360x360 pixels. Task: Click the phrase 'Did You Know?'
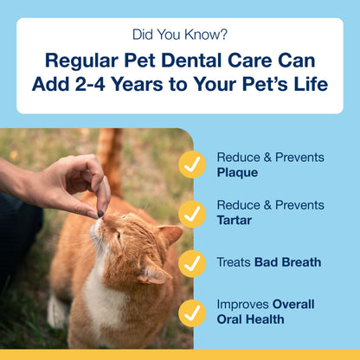click(x=179, y=35)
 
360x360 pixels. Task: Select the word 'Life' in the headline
click(x=307, y=85)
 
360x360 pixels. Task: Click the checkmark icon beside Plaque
click(x=192, y=165)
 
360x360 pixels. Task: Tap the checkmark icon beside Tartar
click(x=192, y=213)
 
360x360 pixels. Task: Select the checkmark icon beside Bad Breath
click(x=192, y=263)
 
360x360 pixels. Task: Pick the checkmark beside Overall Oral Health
click(x=192, y=312)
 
